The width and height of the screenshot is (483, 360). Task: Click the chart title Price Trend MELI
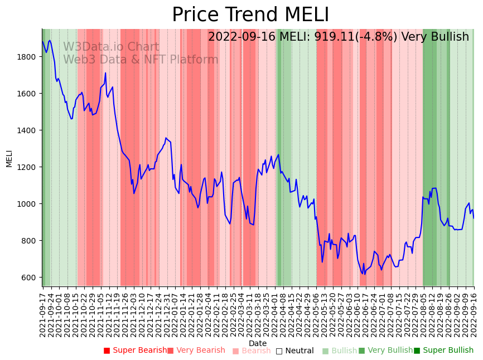[x=250, y=15]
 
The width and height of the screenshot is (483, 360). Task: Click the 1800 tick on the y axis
[x=30, y=57]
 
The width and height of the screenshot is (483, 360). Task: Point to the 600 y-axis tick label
[x=32, y=278]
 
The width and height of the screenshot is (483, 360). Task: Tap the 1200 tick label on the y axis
[x=30, y=167]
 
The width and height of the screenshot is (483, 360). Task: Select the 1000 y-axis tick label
[x=30, y=204]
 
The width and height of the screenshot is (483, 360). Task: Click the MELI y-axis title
[x=9, y=158]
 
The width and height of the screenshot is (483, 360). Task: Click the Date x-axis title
[x=258, y=344]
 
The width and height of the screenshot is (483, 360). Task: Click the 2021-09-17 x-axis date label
[x=43, y=313]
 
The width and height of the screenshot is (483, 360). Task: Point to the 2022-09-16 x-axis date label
[x=474, y=313]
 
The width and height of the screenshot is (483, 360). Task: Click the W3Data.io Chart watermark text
[x=111, y=47]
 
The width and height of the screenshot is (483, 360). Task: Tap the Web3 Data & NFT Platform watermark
[x=141, y=60]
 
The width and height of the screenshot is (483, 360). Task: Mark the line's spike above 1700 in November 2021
[x=105, y=73]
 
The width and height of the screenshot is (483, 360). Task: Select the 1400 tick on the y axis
[x=30, y=130]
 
